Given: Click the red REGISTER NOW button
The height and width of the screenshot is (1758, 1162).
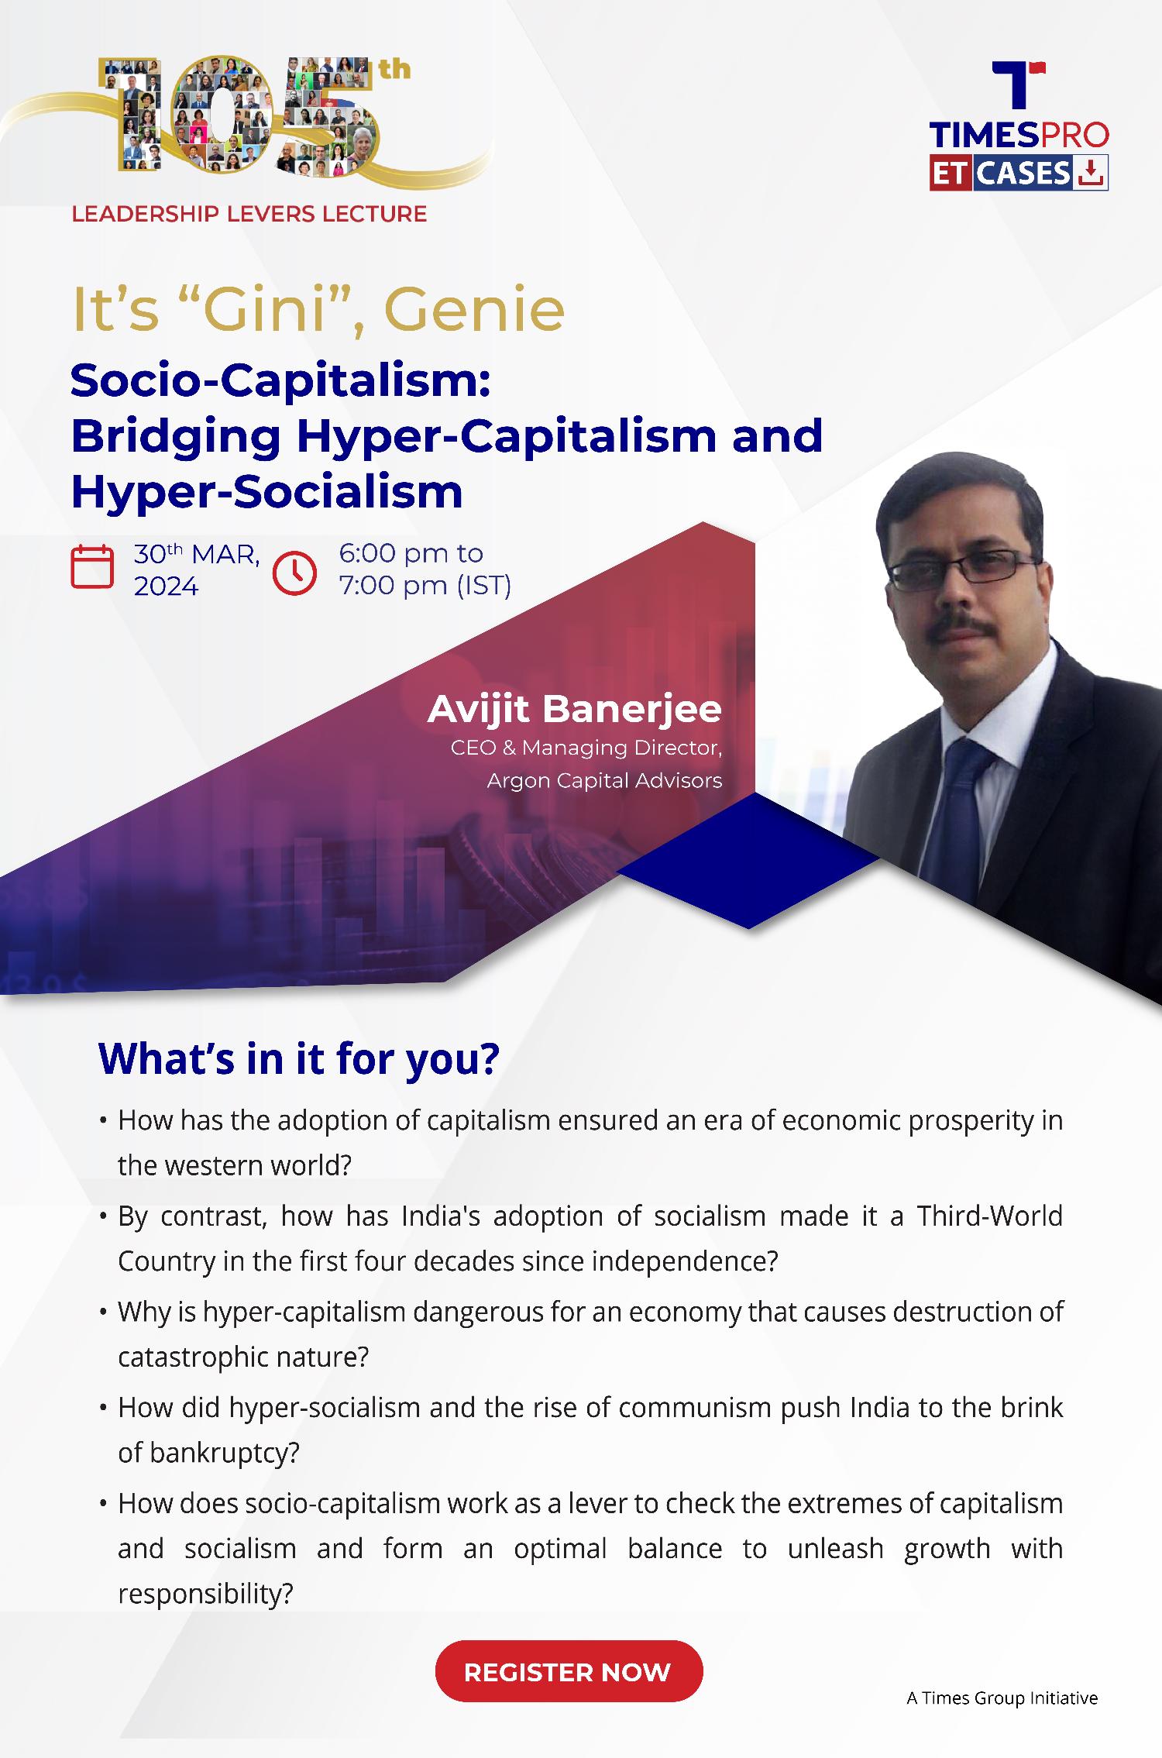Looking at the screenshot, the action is (x=569, y=1671).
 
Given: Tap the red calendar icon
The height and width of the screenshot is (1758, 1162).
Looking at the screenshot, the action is (x=92, y=567).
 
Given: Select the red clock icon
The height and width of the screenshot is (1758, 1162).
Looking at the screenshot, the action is (x=295, y=573).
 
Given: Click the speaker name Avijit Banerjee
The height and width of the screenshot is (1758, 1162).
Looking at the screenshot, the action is (x=574, y=709).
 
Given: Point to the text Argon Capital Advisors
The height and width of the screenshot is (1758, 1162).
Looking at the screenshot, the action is (x=604, y=780).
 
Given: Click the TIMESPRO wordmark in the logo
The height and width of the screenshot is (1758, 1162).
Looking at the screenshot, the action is (x=1019, y=136).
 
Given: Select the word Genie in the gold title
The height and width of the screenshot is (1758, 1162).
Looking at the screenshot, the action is (x=474, y=310).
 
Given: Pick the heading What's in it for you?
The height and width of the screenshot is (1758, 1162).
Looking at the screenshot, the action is (x=299, y=1059).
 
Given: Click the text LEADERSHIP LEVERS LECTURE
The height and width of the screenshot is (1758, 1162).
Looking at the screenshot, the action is (x=249, y=214).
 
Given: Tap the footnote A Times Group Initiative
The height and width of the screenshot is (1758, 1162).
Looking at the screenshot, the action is (x=1002, y=1698).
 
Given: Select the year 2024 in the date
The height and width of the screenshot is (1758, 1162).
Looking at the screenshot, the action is (x=167, y=587).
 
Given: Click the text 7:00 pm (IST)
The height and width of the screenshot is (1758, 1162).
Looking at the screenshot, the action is (x=425, y=586).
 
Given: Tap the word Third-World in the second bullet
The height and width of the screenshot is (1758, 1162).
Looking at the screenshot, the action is (x=990, y=1216).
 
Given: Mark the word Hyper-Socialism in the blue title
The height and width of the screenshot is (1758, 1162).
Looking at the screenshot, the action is (x=267, y=493).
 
